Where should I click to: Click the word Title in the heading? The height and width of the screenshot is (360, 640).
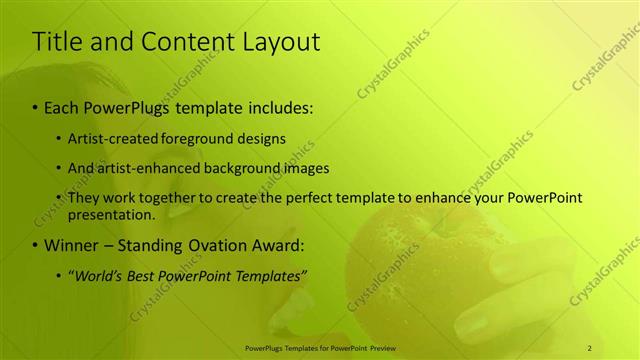click(x=58, y=42)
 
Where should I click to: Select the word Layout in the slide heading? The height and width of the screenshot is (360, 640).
click(x=284, y=42)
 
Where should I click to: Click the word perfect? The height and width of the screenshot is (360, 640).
click(x=289, y=198)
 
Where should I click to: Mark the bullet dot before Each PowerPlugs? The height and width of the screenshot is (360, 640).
click(x=36, y=106)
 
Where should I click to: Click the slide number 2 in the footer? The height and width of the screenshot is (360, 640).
click(x=590, y=347)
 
